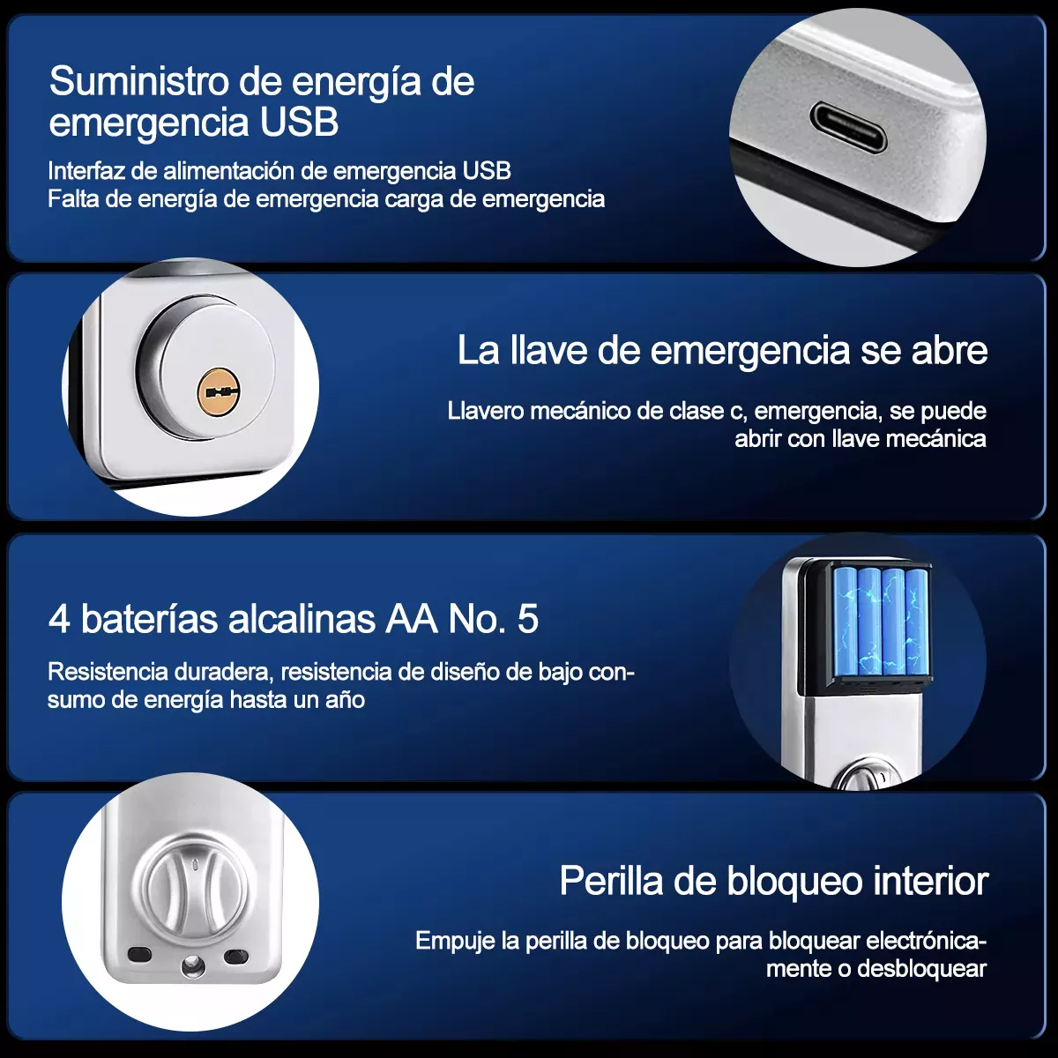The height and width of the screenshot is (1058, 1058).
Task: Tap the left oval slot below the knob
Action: coord(139,955)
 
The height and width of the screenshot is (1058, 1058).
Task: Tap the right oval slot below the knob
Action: coord(236,957)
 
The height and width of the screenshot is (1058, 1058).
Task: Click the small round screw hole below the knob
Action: coord(191,967)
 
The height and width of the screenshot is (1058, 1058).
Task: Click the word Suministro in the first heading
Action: coord(139,81)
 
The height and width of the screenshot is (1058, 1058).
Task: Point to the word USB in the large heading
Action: coord(299,122)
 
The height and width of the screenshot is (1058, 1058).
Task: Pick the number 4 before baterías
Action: coord(59,619)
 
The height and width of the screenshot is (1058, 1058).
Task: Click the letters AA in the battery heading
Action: coord(412,619)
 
